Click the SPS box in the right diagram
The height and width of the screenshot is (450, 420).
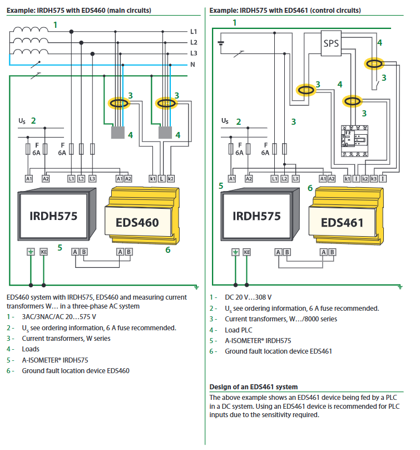click(331, 43)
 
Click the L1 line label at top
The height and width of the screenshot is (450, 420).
click(194, 32)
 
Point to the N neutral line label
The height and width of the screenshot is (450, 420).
click(193, 64)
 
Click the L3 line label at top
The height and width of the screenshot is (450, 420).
click(194, 53)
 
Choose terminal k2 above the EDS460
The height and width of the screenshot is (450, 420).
click(171, 178)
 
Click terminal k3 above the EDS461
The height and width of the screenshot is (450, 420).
click(374, 178)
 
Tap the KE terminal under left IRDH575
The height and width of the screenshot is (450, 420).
click(45, 252)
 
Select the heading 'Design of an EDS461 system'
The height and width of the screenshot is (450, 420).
click(253, 387)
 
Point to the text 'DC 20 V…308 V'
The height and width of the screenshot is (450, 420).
click(248, 298)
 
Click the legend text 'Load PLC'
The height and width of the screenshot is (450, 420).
click(239, 330)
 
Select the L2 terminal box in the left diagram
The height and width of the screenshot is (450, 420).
click(81, 178)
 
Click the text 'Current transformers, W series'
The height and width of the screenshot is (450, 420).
click(66, 338)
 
